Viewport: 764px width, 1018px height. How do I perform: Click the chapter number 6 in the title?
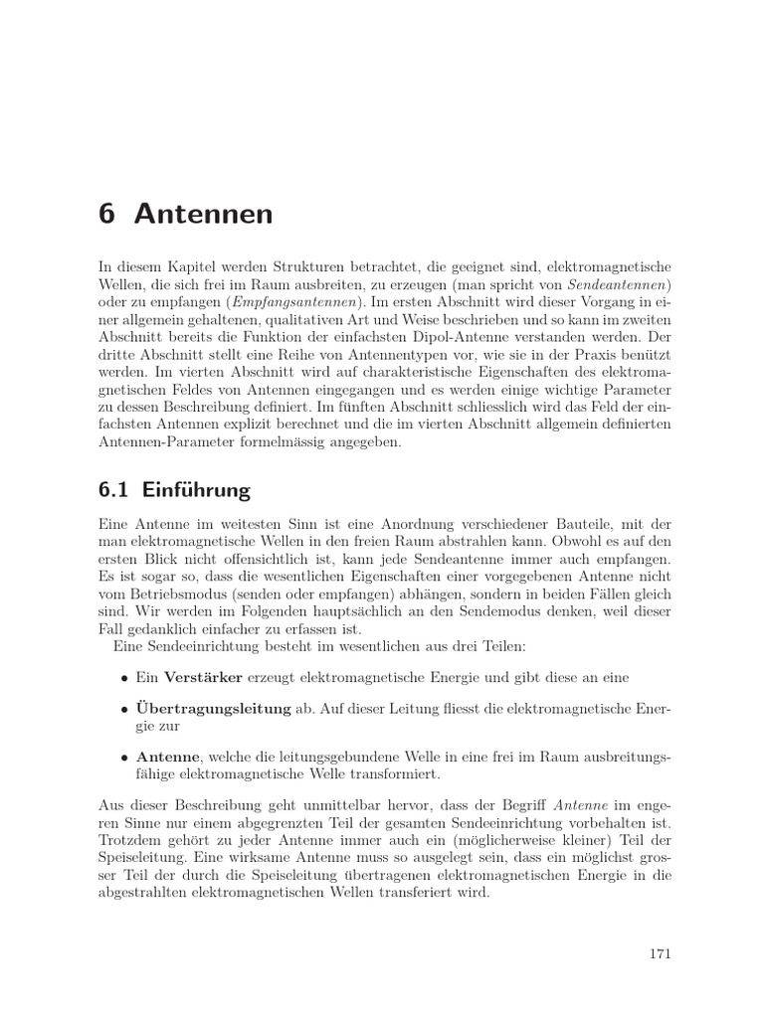coord(108,214)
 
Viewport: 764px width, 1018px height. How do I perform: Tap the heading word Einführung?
coord(196,490)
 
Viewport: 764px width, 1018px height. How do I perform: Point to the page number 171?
coord(660,954)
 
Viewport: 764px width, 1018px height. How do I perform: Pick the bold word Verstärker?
coord(199,677)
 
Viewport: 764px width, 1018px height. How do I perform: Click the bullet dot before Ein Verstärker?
coord(124,678)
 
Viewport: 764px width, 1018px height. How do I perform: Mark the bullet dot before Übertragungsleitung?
coord(124,711)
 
